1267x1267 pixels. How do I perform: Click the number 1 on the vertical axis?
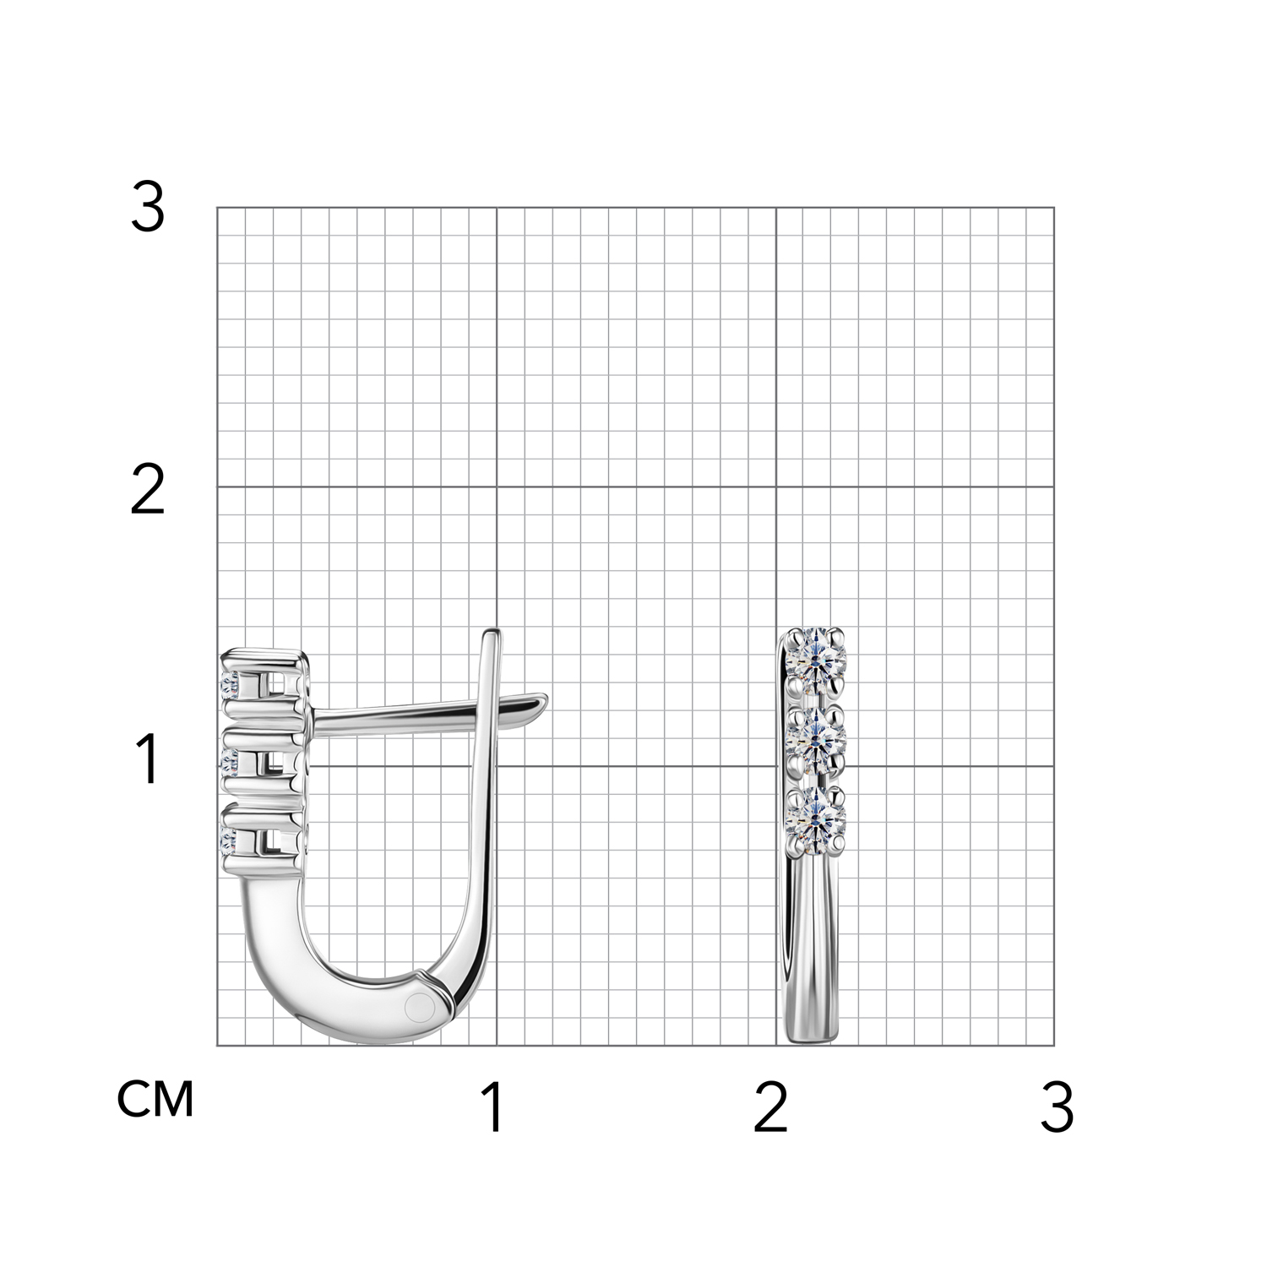pyautogui.click(x=148, y=759)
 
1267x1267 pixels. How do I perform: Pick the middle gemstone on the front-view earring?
pyautogui.click(x=815, y=737)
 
